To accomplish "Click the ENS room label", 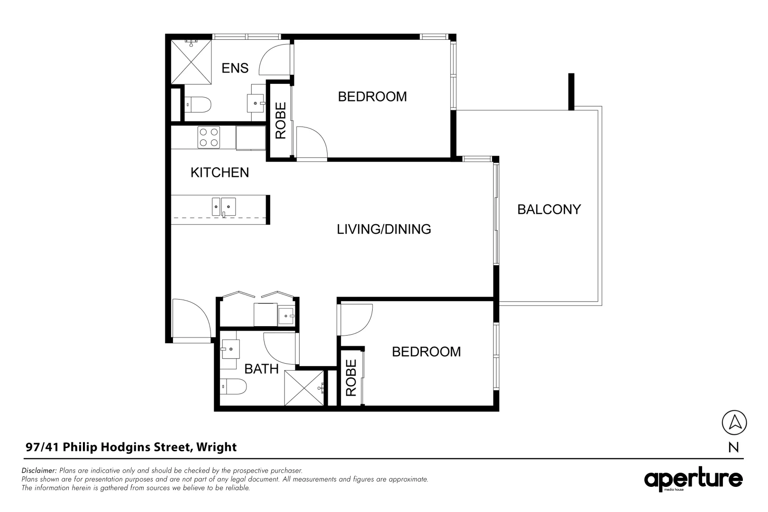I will tap(235, 68).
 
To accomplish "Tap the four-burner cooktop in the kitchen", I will tap(209, 137).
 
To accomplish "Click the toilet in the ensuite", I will tap(197, 104).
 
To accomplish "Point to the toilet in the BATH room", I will tap(234, 387).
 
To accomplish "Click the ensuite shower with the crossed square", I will tap(191, 62).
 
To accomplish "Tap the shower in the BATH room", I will tap(304, 388).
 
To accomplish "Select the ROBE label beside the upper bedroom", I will tap(281, 120).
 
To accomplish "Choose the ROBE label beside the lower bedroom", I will tap(351, 378).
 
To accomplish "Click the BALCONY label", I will tap(549, 210).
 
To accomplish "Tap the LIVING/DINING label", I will tap(384, 229).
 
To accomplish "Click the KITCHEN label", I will tap(219, 173).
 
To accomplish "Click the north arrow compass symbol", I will tap(733, 422).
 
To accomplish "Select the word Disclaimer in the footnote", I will tap(39, 471).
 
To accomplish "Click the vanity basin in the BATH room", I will tap(230, 349).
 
